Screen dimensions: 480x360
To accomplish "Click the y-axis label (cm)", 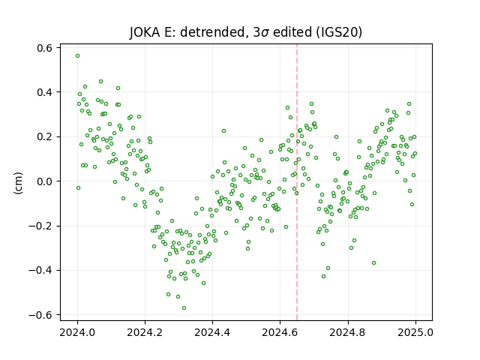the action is pos(18,183).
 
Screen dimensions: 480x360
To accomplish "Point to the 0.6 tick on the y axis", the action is pos(45,48).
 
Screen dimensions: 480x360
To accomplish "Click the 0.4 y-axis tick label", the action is pos(45,92).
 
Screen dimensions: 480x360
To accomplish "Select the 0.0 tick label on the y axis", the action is pos(45,181).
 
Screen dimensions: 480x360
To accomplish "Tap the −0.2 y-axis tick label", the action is pos(40,226).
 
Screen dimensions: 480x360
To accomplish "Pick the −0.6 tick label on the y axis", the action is pos(40,315).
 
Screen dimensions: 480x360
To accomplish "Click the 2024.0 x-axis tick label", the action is pos(77,332).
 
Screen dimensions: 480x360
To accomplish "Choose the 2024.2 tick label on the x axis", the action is pos(145,332).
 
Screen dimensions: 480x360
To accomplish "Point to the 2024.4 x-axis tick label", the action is pos(212,332).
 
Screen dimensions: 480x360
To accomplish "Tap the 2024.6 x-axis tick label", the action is pos(280,332).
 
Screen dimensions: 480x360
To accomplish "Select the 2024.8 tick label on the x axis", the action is pos(348,332).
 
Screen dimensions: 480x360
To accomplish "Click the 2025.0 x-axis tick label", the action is pos(415,332).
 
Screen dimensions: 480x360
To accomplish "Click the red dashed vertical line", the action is pos(297,182).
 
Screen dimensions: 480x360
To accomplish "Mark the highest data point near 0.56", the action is pos(78,56).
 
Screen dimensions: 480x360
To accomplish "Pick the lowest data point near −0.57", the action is pos(184,308).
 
